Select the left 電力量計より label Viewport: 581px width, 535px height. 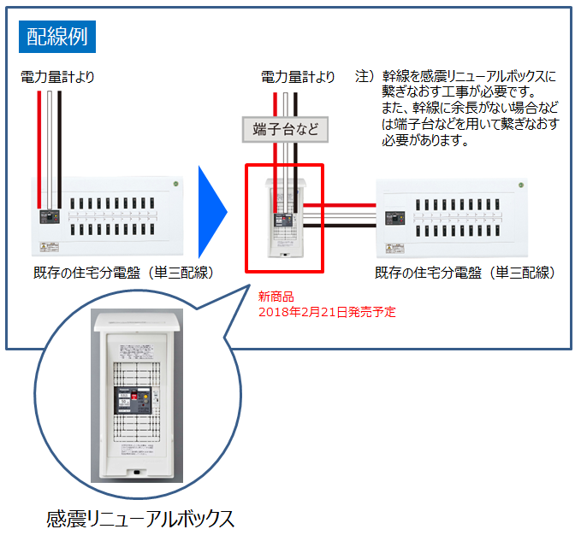(x=57, y=77)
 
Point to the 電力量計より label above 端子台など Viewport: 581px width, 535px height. (x=298, y=77)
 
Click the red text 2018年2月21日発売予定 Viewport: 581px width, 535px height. (x=327, y=312)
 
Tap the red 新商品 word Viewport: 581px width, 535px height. (x=276, y=297)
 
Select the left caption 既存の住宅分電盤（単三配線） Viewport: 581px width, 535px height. (x=122, y=273)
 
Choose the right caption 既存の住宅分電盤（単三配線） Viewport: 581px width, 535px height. (x=465, y=273)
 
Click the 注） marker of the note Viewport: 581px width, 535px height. (x=365, y=77)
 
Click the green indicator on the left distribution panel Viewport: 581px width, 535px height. (x=175, y=183)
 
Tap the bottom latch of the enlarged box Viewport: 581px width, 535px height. (x=136, y=471)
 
